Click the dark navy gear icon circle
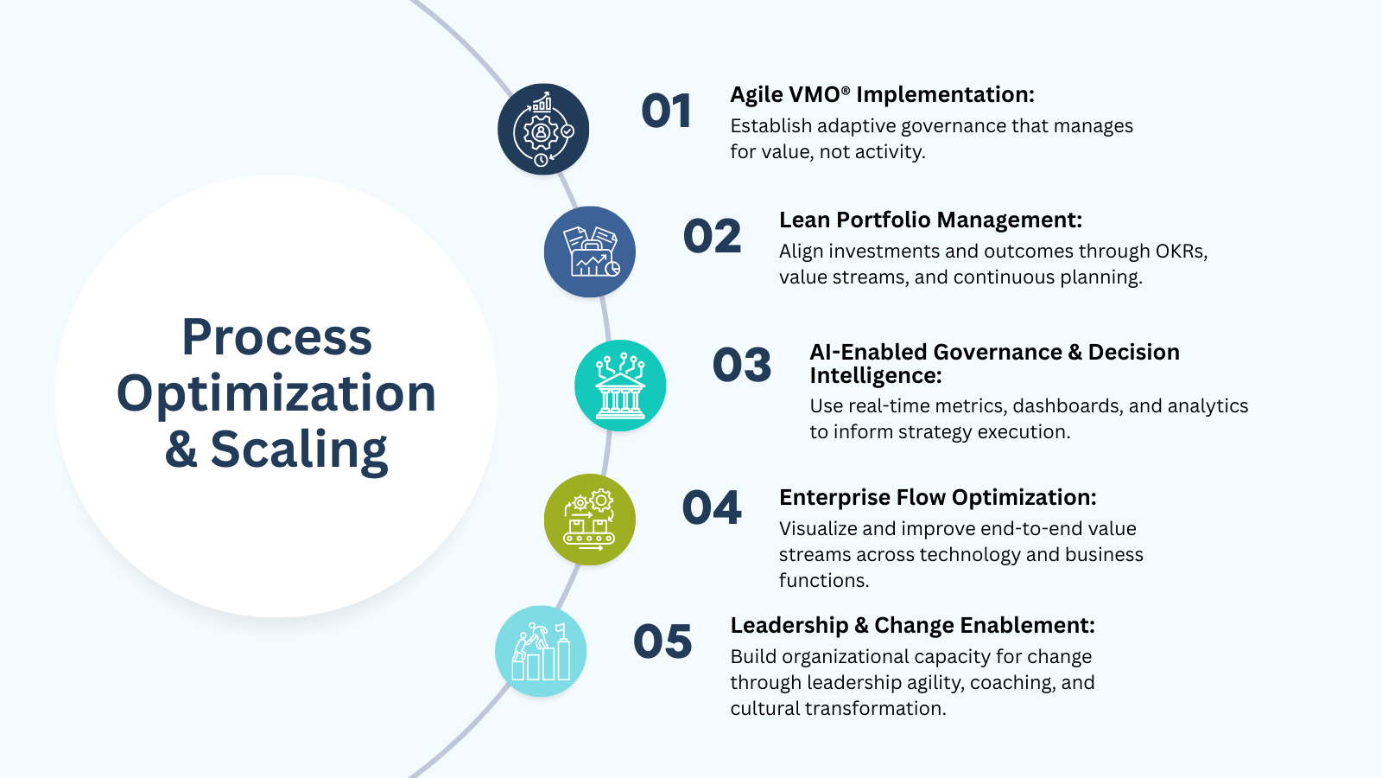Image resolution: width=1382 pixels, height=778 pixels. point(543,130)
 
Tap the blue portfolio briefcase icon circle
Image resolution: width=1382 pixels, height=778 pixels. point(590,252)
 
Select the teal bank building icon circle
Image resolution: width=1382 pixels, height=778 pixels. point(620,386)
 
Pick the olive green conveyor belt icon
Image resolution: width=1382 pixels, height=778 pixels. point(590,520)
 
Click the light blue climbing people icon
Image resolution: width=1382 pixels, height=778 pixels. point(541,651)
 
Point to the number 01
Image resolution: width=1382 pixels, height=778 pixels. point(666,112)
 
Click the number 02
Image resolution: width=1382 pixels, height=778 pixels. point(712,237)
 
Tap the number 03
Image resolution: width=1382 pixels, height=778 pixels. point(741,365)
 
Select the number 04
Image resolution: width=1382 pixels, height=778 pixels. point(712,507)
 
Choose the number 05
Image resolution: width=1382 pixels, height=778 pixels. point(662,641)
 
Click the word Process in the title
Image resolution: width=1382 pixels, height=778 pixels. point(276,337)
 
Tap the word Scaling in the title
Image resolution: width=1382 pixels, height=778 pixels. point(299,450)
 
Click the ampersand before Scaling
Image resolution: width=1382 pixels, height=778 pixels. point(181,450)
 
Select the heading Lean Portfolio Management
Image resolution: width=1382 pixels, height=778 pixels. point(930,220)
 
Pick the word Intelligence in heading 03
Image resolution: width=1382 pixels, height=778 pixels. point(874,376)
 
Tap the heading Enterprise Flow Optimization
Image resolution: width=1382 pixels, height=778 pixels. point(937,498)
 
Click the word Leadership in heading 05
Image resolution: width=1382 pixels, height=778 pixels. point(789,626)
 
